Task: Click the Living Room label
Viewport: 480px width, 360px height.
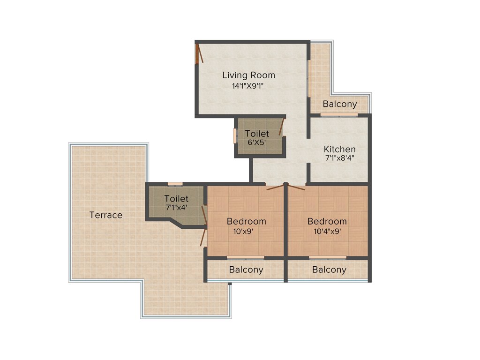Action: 248,75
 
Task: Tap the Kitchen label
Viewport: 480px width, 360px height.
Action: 339,149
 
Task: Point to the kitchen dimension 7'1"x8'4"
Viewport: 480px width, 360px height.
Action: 339,158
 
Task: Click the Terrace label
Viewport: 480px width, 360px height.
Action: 106,215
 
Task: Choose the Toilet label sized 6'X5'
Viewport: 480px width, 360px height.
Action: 257,134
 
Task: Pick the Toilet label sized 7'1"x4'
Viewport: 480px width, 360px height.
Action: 176,199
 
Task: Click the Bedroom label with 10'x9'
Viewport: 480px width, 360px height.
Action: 246,221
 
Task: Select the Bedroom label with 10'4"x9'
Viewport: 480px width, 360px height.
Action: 327,221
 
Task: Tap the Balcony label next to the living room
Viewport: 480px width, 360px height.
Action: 340,104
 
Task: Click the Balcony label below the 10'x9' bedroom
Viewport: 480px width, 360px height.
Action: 246,270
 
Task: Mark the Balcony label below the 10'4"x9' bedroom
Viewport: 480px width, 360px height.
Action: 329,270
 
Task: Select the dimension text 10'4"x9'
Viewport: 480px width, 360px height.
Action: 327,231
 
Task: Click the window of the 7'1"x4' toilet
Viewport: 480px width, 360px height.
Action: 175,184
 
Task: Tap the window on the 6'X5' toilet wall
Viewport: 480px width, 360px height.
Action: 235,135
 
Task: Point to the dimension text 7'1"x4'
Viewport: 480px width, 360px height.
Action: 176,207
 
